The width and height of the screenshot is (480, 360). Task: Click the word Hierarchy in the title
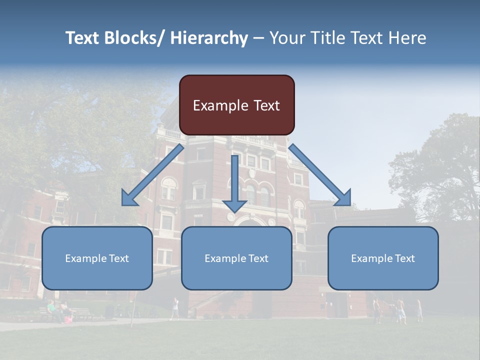pos(209,38)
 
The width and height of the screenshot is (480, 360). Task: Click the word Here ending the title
pos(407,38)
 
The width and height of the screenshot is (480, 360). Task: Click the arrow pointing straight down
pos(234,185)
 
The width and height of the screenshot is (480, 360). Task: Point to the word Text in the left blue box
pos(118,258)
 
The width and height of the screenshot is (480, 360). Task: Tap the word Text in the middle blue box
pos(258,258)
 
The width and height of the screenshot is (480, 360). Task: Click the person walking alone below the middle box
pos(174,308)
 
